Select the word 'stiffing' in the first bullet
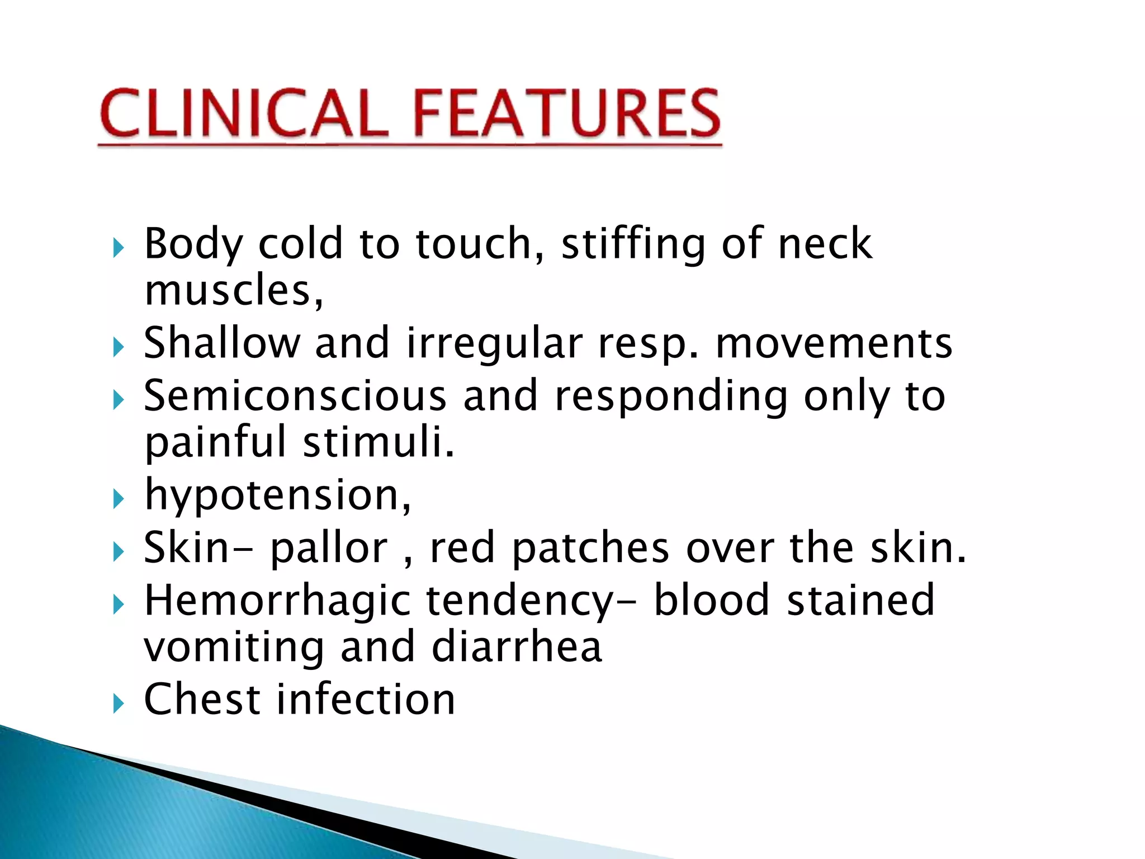633,244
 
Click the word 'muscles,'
234,291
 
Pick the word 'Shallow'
222,343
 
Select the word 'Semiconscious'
295,396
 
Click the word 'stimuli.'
379,442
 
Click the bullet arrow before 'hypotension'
117,498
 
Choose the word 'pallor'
329,549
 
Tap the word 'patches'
590,549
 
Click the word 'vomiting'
234,648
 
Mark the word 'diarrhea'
517,648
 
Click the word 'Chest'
202,700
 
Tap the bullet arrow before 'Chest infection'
117,703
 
